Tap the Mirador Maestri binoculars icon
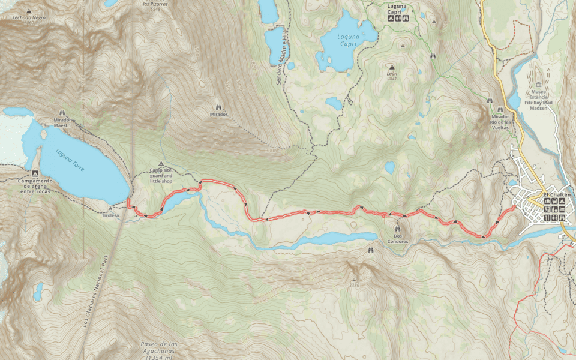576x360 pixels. (62, 113)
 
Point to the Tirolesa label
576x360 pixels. (111, 215)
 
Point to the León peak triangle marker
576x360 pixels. (392, 67)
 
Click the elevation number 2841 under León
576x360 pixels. (392, 79)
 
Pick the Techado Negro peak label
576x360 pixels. (29, 17)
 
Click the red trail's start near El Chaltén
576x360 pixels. (515, 207)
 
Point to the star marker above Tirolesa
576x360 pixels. (111, 207)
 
